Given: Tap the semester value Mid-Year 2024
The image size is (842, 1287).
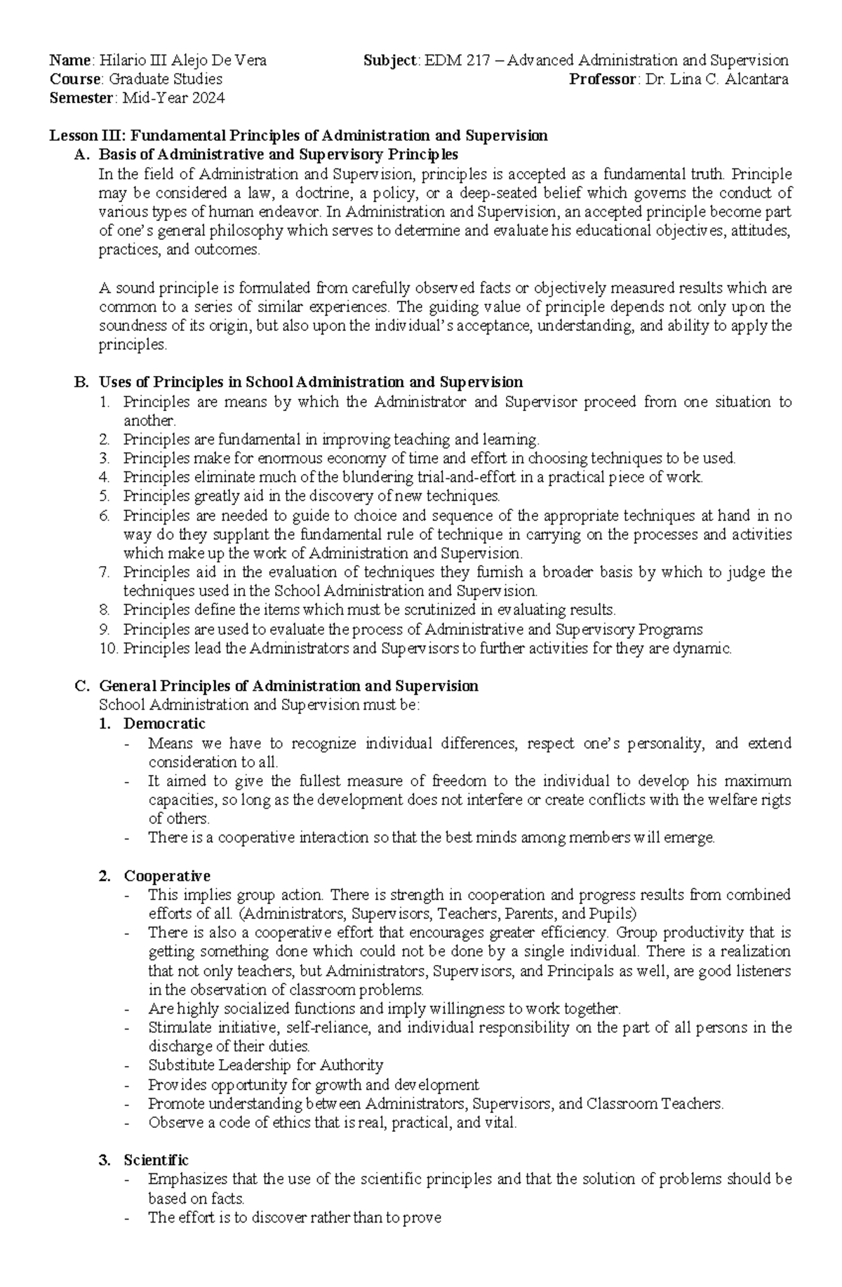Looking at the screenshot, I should click(173, 98).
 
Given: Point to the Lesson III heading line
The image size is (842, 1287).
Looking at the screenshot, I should click(298, 135).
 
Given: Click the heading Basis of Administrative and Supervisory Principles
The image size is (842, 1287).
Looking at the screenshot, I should click(279, 154).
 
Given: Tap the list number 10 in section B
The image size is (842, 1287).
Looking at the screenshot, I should click(108, 648).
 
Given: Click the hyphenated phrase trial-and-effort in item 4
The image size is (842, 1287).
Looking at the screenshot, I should click(468, 478).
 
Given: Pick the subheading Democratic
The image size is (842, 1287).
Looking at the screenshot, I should click(164, 723).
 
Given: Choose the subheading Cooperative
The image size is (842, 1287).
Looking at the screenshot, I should click(167, 876).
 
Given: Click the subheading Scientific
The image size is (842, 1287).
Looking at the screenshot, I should click(156, 1161).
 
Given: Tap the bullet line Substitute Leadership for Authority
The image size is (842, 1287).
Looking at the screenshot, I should click(265, 1065).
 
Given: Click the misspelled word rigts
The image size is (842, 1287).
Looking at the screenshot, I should click(777, 800).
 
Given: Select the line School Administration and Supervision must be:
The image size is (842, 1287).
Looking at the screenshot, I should click(260, 705).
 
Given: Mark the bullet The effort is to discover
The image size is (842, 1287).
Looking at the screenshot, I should click(294, 1218).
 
